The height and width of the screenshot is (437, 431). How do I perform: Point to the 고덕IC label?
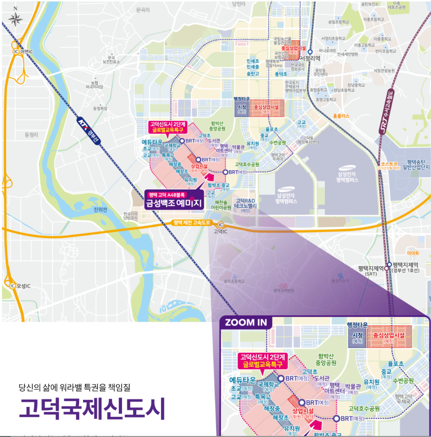220,231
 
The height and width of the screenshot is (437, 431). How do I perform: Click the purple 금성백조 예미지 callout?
174,200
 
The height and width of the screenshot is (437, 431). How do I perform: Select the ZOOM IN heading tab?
246,322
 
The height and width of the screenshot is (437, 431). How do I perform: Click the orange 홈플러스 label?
341,116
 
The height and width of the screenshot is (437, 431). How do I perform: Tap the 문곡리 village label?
142,9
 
